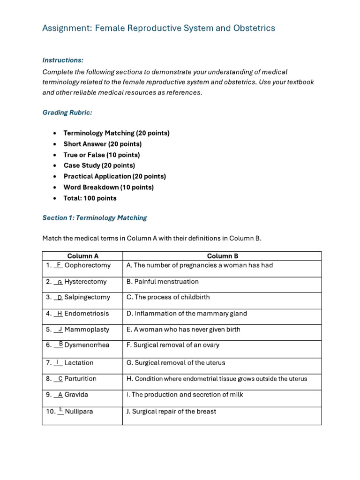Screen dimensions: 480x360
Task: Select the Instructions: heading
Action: click(63, 60)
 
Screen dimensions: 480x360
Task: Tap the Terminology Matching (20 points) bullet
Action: click(116, 133)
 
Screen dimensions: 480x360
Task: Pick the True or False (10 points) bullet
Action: click(102, 155)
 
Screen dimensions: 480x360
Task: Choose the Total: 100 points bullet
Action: click(90, 198)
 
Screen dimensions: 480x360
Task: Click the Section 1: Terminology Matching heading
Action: click(94, 218)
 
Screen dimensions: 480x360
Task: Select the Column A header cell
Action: click(82, 256)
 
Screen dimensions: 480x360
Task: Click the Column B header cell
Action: click(222, 256)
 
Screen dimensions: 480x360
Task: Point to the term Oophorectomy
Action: click(88, 265)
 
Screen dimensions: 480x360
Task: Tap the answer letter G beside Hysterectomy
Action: click(60, 282)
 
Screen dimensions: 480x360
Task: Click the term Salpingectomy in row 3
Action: click(87, 297)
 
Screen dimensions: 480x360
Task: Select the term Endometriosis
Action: click(87, 314)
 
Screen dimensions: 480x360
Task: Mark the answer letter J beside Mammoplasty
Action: click(60, 330)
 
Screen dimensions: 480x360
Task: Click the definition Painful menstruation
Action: click(166, 282)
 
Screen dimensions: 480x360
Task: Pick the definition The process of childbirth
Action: click(172, 297)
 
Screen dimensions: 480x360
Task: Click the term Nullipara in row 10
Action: click(79, 411)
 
